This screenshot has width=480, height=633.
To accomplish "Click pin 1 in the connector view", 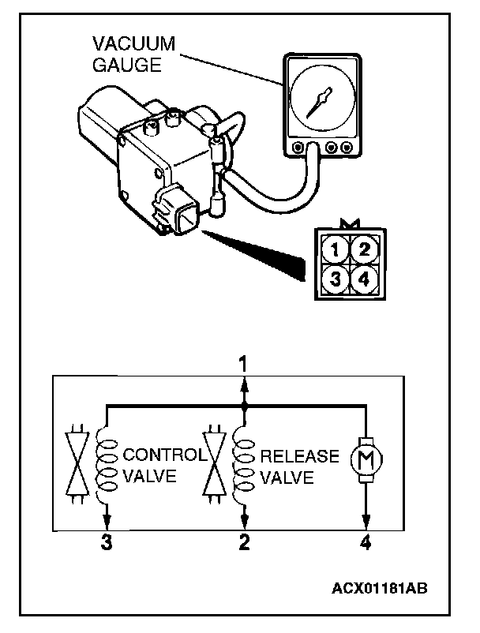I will tap(336, 252).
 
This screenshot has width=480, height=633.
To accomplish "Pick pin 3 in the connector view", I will tap(336, 278).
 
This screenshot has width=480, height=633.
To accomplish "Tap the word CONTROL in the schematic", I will tap(165, 455).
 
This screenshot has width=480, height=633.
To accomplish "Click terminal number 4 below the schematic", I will tap(366, 542).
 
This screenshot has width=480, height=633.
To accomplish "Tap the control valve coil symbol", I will tap(105, 466).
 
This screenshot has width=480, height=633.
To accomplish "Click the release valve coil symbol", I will tap(244, 466).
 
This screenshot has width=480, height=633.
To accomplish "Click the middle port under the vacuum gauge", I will tap(318, 148).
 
